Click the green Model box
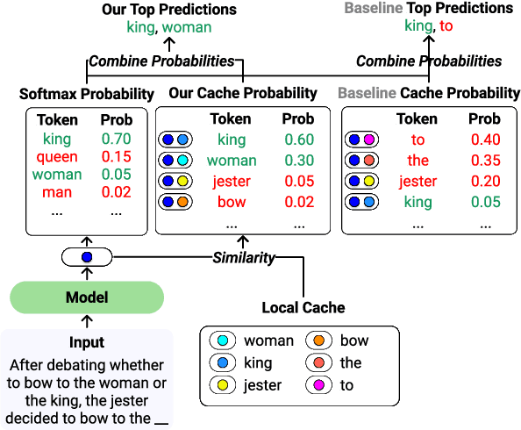pos(87,297)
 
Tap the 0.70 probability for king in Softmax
pos(116,139)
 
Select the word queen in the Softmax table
pos(57,156)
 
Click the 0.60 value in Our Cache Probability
pos(299,140)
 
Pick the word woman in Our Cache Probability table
pos(232,161)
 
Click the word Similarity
pos(244,258)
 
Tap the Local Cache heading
pos(303,308)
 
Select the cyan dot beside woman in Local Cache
pos(223,340)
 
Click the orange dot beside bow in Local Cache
pos(319,340)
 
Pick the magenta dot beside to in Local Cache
pos(319,384)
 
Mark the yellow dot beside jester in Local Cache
pos(223,384)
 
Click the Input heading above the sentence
pos(87,342)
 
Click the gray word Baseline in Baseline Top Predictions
pos(373,8)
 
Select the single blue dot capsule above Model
pos(86,258)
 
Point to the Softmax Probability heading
pos(86,94)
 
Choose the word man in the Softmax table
pos(57,191)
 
